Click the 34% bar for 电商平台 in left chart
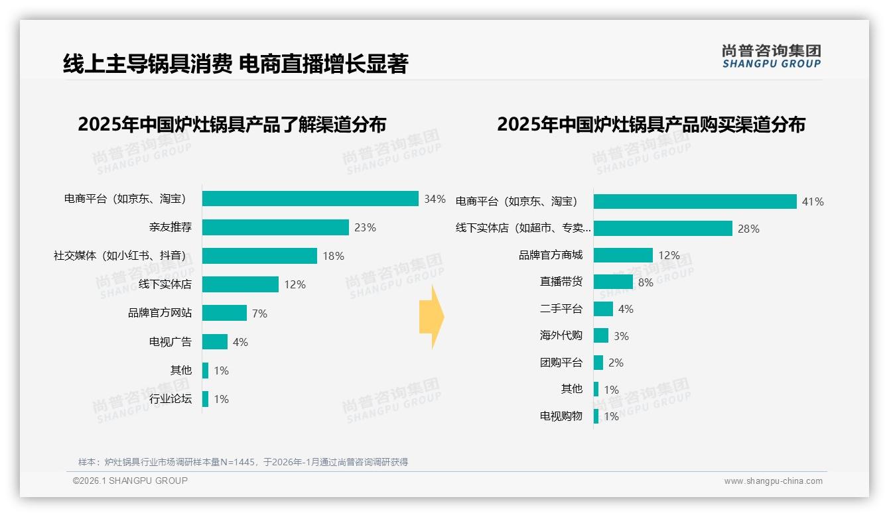pos(310,199)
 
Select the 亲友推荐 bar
pos(275,227)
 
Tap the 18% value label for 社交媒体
pos(333,256)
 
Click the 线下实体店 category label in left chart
pos(165,284)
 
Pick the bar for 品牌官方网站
pos(224,313)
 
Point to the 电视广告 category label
pos(171,342)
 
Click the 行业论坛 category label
pos(171,399)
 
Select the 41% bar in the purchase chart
pos(695,201)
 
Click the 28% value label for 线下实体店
pos(748,229)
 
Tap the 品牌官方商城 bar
pos(623,255)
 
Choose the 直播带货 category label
pos(561,282)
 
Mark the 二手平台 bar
pos(603,309)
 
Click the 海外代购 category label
pos(561,335)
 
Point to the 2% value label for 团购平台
pos(616,363)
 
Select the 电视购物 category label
pos(561,416)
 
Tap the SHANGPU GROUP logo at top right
pos(771,56)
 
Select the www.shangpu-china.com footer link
pos(773,481)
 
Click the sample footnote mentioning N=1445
pos(243,462)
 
